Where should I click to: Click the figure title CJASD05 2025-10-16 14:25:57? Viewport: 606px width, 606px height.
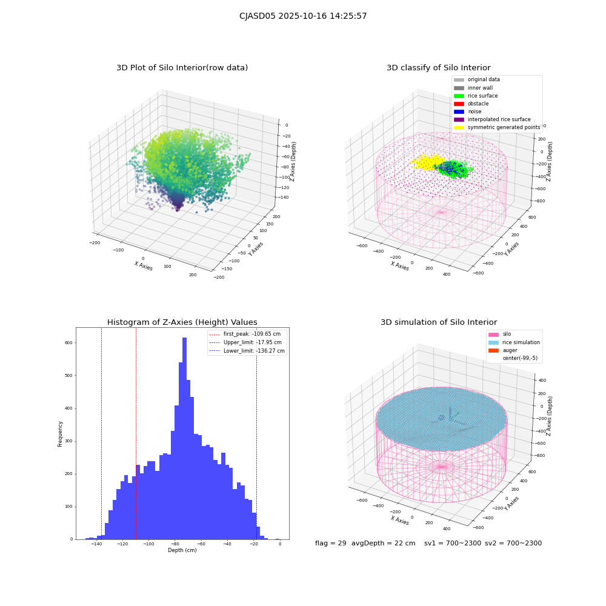click(303, 16)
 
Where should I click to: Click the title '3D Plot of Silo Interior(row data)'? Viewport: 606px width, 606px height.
click(182, 68)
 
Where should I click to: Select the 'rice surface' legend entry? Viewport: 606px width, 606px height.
click(476, 96)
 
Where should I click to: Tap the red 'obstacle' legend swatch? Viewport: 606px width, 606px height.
click(459, 104)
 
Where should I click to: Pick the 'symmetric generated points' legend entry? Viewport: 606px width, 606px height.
click(497, 127)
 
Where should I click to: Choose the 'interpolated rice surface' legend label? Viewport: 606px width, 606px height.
click(499, 119)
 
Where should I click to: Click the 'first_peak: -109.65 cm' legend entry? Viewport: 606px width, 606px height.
click(245, 334)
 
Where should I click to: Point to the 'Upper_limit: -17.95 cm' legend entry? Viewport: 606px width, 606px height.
click(245, 342)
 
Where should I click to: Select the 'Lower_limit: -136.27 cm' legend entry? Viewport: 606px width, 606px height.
click(247, 351)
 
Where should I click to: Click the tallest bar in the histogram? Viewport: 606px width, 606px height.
click(184, 438)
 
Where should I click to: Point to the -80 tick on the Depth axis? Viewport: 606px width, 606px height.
click(175, 544)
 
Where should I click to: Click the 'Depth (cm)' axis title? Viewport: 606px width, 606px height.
click(182, 550)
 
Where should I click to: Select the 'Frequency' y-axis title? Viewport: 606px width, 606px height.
click(60, 434)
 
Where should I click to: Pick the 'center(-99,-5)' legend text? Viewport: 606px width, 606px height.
click(520, 358)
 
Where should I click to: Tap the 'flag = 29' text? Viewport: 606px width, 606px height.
click(331, 544)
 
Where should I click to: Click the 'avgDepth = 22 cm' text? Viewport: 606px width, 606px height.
click(384, 544)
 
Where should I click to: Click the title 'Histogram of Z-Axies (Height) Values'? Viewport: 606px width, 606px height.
click(182, 322)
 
